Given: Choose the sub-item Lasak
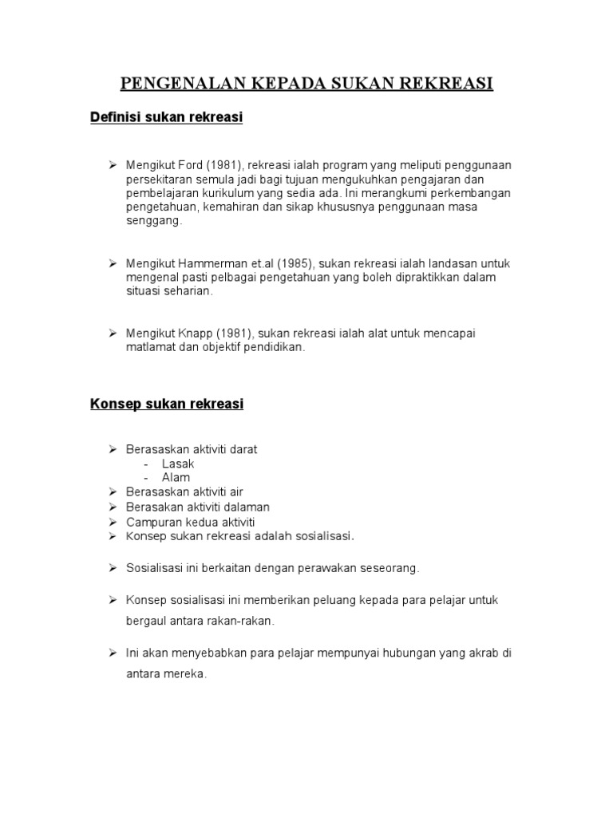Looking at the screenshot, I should click(178, 464).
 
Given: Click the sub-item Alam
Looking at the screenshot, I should click(176, 478).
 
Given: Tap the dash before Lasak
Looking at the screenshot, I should click(147, 464).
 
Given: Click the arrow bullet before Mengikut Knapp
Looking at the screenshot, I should click(113, 333).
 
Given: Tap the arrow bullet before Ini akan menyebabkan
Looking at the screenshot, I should click(113, 653).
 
